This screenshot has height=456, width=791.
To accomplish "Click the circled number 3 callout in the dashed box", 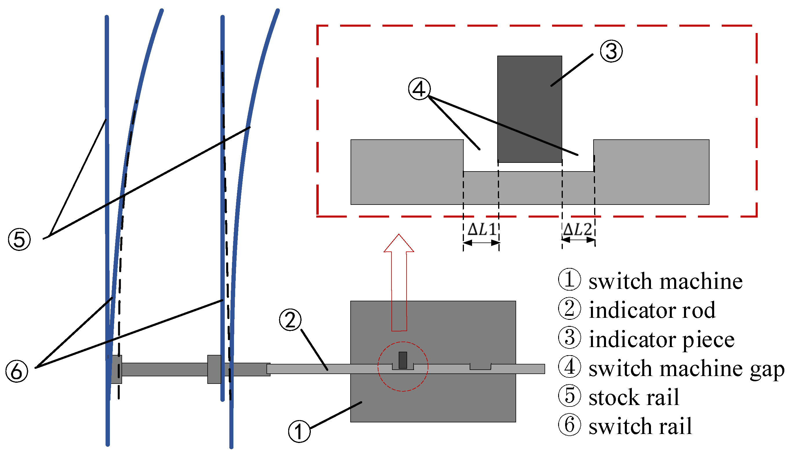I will pos(611,51).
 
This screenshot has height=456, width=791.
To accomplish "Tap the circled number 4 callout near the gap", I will pos(419,89).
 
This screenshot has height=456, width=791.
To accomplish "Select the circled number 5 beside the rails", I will pos(19,240).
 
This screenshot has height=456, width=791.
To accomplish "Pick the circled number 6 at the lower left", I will pos(17,371).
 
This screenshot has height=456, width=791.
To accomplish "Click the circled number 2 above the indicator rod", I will pos(290,320).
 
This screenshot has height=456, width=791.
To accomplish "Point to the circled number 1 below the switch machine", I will pos(299,432).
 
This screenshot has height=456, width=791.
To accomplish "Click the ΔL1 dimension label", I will pos(481,229).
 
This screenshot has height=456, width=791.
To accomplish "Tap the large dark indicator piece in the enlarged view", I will pos(529,109).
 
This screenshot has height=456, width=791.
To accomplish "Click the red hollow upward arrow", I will pos(399,282).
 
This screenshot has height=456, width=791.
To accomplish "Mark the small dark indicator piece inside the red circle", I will pos(403,360).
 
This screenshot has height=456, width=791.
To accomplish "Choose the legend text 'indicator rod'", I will pos(652,310).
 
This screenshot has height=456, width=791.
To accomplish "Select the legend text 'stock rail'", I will pos(634,397).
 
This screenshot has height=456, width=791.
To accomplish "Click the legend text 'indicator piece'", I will pos(661,340).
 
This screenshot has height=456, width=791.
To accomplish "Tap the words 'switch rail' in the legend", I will pos(640,426).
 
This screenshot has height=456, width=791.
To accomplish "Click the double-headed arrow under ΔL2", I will pos(578,240).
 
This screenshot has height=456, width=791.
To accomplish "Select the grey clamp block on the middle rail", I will pos(214,369).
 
